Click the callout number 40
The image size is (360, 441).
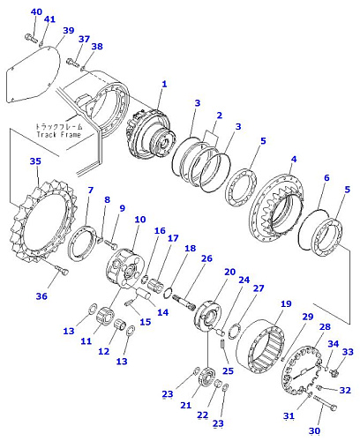(x=36, y=11)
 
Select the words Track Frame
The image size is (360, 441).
(x=58, y=135)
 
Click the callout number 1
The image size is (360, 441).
(x=164, y=84)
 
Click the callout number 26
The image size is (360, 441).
(x=206, y=258)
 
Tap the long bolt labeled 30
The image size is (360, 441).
(x=325, y=403)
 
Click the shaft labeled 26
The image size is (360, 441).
(x=184, y=302)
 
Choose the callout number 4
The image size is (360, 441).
(x=294, y=159)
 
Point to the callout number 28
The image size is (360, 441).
(x=325, y=326)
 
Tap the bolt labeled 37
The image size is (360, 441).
(x=73, y=63)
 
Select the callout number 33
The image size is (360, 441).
(x=348, y=352)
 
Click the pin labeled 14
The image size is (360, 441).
(x=144, y=295)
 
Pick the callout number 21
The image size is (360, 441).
(x=185, y=405)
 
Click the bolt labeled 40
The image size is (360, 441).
(x=30, y=38)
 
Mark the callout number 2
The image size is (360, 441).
(x=219, y=116)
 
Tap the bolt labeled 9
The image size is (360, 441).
(x=111, y=243)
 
